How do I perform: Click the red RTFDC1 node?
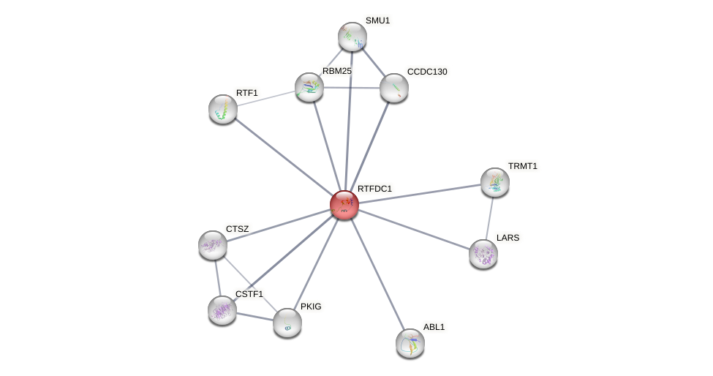(344, 205)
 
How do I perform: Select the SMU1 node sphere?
(352, 37)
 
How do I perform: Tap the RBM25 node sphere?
(309, 87)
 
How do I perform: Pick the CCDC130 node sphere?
(393, 88)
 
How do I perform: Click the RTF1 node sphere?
(223, 109)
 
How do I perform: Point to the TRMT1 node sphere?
(495, 182)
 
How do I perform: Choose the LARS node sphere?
(483, 254)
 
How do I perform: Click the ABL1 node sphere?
(410, 342)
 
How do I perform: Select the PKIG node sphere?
(287, 322)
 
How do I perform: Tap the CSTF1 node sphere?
(222, 310)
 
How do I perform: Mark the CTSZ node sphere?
(213, 245)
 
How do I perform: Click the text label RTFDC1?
(374, 189)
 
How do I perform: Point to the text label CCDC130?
(427, 72)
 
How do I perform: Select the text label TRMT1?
(522, 166)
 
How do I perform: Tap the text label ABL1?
(434, 327)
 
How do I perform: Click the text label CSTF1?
(249, 294)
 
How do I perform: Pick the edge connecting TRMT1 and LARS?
(489, 218)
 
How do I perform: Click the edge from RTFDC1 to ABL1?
(377, 274)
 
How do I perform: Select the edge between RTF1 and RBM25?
(266, 98)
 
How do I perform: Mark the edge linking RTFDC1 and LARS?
(413, 229)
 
